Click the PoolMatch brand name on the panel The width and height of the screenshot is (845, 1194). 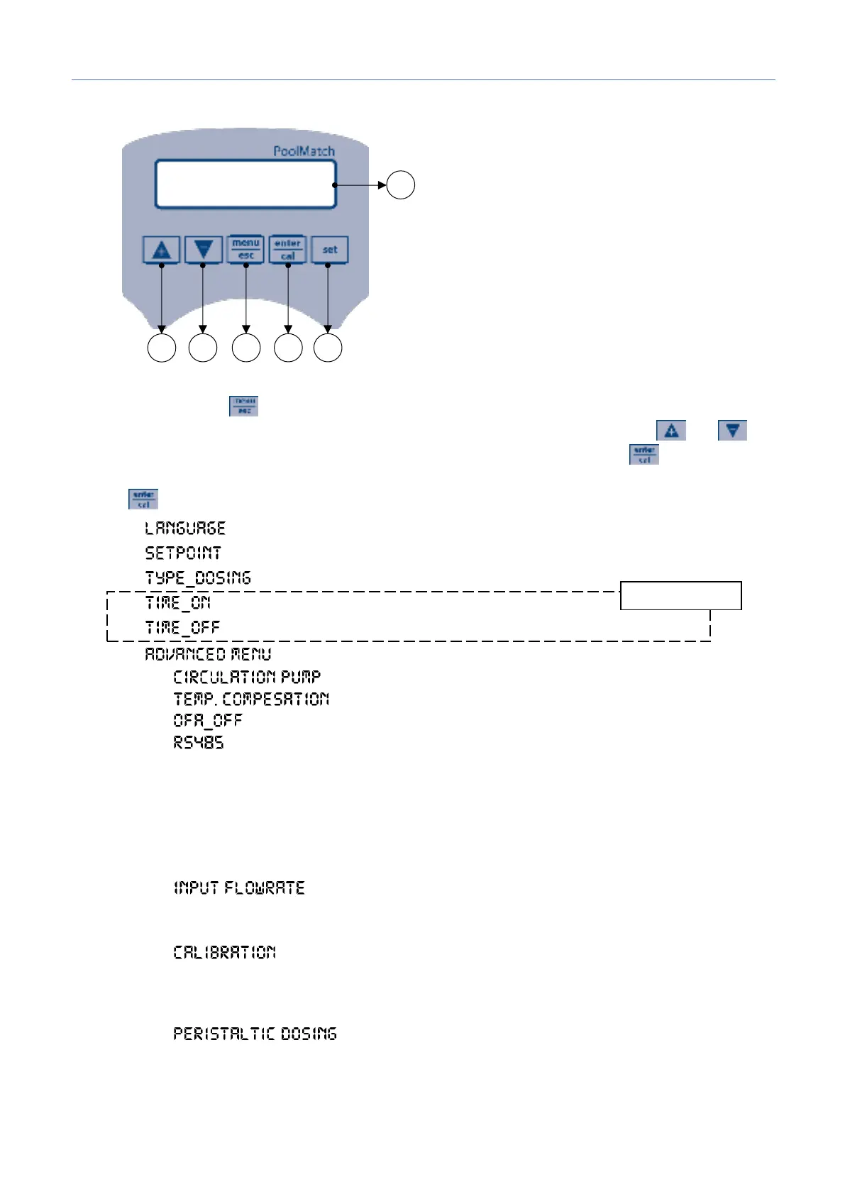tap(304, 151)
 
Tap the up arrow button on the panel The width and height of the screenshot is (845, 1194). tap(162, 250)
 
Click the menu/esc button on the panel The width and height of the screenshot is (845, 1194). tap(245, 249)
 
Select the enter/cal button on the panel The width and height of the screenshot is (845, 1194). tap(287, 249)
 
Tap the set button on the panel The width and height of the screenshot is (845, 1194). tap(330, 250)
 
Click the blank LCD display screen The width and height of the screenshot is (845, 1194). tap(245, 184)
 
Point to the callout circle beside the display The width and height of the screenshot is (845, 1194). tap(401, 185)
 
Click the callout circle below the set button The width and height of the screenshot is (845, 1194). tap(328, 348)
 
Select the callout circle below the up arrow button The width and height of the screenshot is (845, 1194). tap(162, 348)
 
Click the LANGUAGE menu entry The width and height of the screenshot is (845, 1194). tap(185, 529)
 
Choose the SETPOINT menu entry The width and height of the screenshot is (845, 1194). tap(183, 553)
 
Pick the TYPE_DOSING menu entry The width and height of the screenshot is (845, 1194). tap(198, 578)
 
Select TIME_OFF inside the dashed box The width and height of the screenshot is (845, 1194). tap(182, 628)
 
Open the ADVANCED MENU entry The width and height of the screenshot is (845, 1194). tap(208, 654)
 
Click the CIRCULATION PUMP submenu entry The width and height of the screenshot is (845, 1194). tap(247, 677)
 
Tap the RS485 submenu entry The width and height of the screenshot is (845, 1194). tap(199, 743)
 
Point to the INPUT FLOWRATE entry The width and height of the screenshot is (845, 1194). tap(239, 888)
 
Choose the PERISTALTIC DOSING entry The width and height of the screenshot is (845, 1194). tap(255, 1034)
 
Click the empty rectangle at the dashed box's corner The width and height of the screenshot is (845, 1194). tap(681, 595)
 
